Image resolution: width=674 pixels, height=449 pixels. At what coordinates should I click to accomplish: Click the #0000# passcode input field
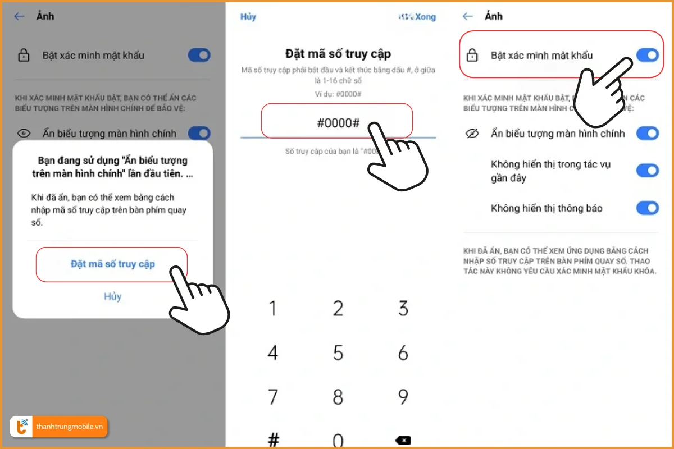pyautogui.click(x=337, y=122)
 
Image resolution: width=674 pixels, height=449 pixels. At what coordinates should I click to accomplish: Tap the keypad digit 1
pyautogui.click(x=273, y=308)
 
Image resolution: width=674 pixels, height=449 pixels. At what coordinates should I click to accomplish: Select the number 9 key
pyautogui.click(x=403, y=397)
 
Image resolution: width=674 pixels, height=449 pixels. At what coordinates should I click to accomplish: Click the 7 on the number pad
pyautogui.click(x=273, y=397)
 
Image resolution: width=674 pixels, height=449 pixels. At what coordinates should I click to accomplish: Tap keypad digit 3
pyautogui.click(x=403, y=308)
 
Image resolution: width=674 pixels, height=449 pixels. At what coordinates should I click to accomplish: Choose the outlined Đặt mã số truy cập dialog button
pyautogui.click(x=112, y=264)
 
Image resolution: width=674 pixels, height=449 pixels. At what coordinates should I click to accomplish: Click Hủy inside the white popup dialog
pyautogui.click(x=112, y=296)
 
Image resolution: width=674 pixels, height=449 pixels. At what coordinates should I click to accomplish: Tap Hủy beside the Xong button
pyautogui.click(x=248, y=17)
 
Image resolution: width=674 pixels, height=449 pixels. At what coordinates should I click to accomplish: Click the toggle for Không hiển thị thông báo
pyautogui.click(x=647, y=208)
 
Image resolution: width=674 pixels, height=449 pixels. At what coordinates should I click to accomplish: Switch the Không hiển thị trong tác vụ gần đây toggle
pyautogui.click(x=647, y=171)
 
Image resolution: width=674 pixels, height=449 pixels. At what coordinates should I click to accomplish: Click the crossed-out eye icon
pyautogui.click(x=472, y=134)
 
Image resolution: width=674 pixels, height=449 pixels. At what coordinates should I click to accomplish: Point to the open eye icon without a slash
pyautogui.click(x=24, y=134)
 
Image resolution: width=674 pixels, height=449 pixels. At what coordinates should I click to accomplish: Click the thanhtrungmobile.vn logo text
pyautogui.click(x=70, y=427)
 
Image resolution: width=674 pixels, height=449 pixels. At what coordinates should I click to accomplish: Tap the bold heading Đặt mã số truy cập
pyautogui.click(x=338, y=54)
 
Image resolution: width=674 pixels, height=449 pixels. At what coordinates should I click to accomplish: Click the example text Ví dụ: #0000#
pyautogui.click(x=338, y=93)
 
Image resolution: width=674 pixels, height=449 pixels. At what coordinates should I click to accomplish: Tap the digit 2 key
pyautogui.click(x=338, y=308)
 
